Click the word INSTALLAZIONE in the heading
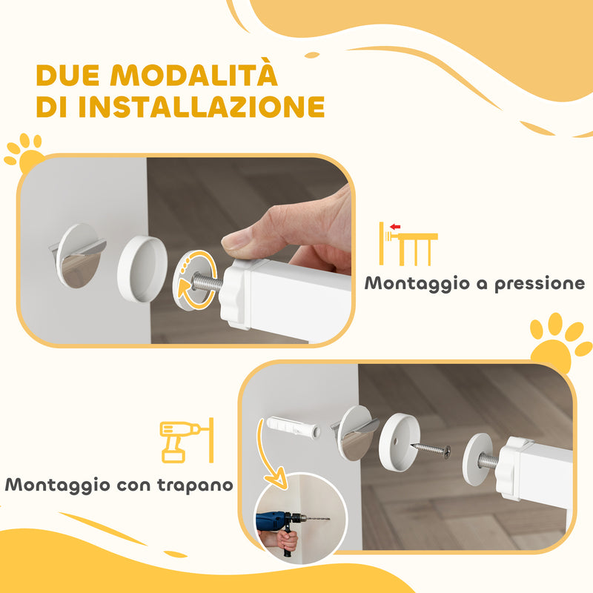(x=202, y=107)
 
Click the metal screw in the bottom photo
(x=431, y=449)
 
